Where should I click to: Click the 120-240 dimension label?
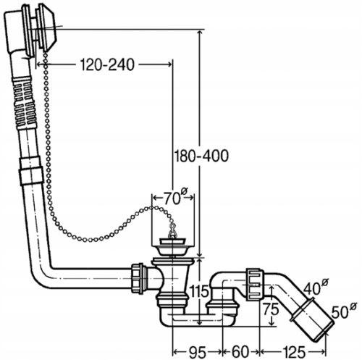click(107, 64)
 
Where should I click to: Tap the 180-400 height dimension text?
click(201, 156)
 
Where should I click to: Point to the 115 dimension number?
click(199, 291)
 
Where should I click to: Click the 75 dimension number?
click(271, 309)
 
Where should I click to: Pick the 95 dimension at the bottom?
click(198, 352)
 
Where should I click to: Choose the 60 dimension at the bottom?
click(240, 352)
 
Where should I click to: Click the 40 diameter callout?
click(316, 286)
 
